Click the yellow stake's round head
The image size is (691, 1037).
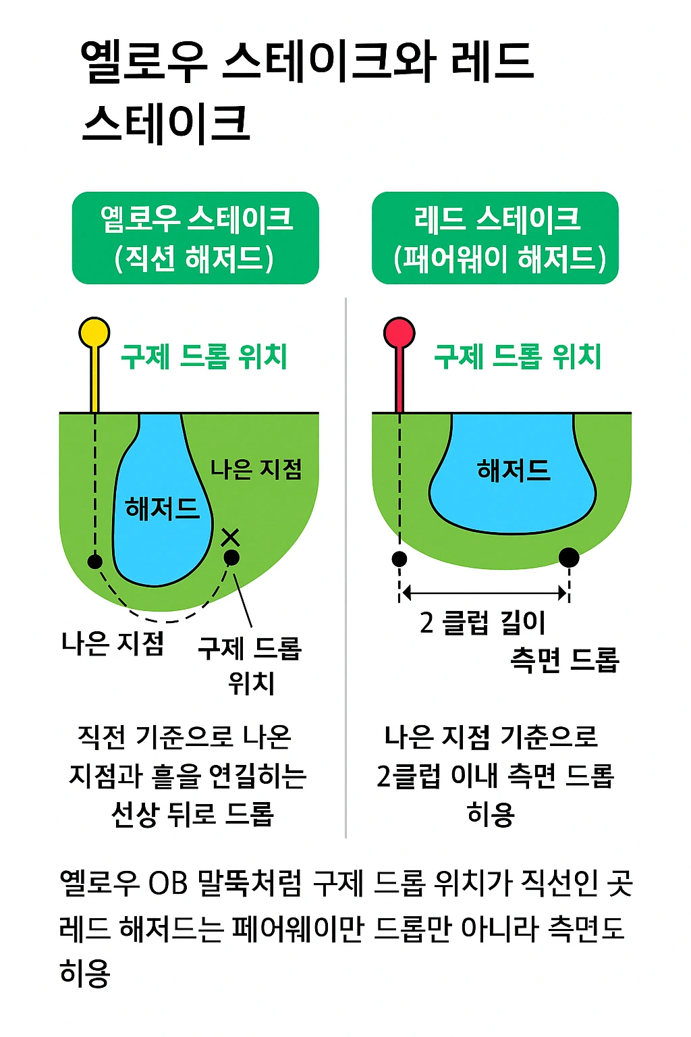tap(94, 332)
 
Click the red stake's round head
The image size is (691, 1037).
tap(399, 332)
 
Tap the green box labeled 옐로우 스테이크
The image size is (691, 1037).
tap(195, 238)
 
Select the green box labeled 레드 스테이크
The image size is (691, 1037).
tap(495, 238)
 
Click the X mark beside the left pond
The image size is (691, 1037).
tap(231, 537)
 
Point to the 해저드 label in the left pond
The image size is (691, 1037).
tap(163, 508)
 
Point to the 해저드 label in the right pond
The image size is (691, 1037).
tap(514, 470)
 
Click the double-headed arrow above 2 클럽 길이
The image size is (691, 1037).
tap(484, 593)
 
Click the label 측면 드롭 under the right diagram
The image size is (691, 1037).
tap(564, 660)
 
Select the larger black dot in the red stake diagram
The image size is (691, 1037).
tap(569, 558)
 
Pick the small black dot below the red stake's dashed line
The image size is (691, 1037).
tap(399, 559)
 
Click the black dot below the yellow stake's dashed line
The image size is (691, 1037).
tap(95, 561)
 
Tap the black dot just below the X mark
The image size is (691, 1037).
tap(231, 558)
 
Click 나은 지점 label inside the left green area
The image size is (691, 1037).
tap(256, 469)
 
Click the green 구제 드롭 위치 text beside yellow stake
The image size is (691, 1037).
tap(204, 356)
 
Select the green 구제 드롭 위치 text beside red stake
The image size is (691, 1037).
tap(517, 356)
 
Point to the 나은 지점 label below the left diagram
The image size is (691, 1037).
tap(113, 643)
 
